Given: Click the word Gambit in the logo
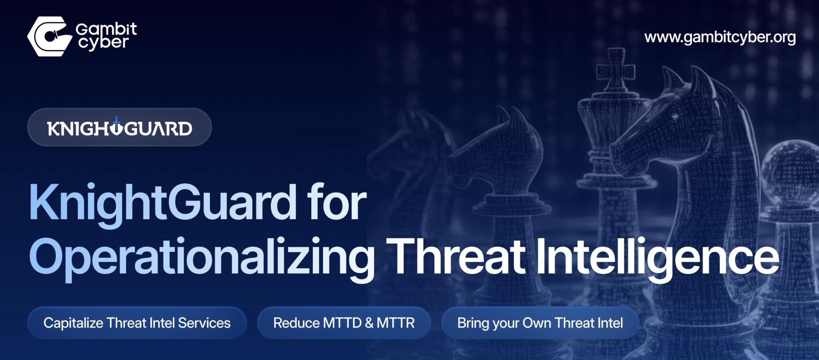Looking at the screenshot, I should pos(106,29).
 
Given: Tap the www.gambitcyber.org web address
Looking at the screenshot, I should pos(720,37).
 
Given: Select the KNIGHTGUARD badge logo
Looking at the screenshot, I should pos(119,128).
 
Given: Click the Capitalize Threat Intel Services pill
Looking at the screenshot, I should pos(137,323).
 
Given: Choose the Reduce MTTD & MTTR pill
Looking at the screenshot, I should pos(344,323).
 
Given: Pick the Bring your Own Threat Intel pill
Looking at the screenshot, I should pos(540,323).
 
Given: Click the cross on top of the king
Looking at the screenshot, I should pos(616,67).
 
